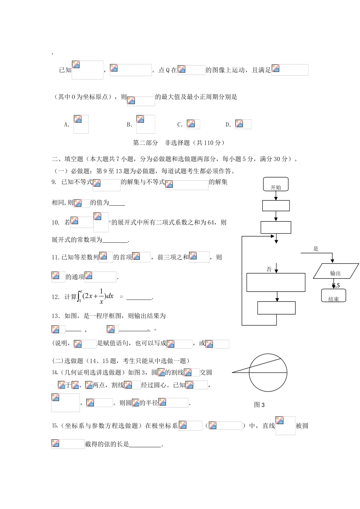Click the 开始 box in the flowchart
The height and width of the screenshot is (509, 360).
point(276,185)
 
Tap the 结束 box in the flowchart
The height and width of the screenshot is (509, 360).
point(333,296)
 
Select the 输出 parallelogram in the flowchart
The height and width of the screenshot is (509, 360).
point(336,272)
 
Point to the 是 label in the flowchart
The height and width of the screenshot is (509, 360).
point(316,249)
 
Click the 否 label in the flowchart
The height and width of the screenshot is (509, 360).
point(269,269)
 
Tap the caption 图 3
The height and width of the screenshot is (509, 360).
point(259,405)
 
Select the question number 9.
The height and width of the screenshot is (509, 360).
point(54,182)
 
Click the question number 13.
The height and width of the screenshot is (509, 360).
point(55,316)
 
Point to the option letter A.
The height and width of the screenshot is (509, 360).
point(67,124)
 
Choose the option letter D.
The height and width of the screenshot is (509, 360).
point(228,124)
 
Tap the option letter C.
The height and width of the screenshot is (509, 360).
point(180,124)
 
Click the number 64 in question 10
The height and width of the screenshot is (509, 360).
point(211,222)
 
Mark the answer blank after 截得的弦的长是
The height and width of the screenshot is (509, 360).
point(146,445)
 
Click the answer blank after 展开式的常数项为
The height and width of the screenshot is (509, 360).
point(115,240)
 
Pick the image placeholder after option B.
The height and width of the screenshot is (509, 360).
point(146,124)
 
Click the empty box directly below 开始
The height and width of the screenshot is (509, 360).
point(276,206)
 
